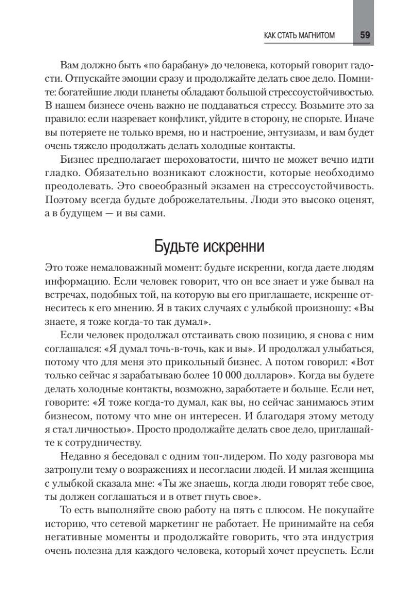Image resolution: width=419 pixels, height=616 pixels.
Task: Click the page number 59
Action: click(365, 35)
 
